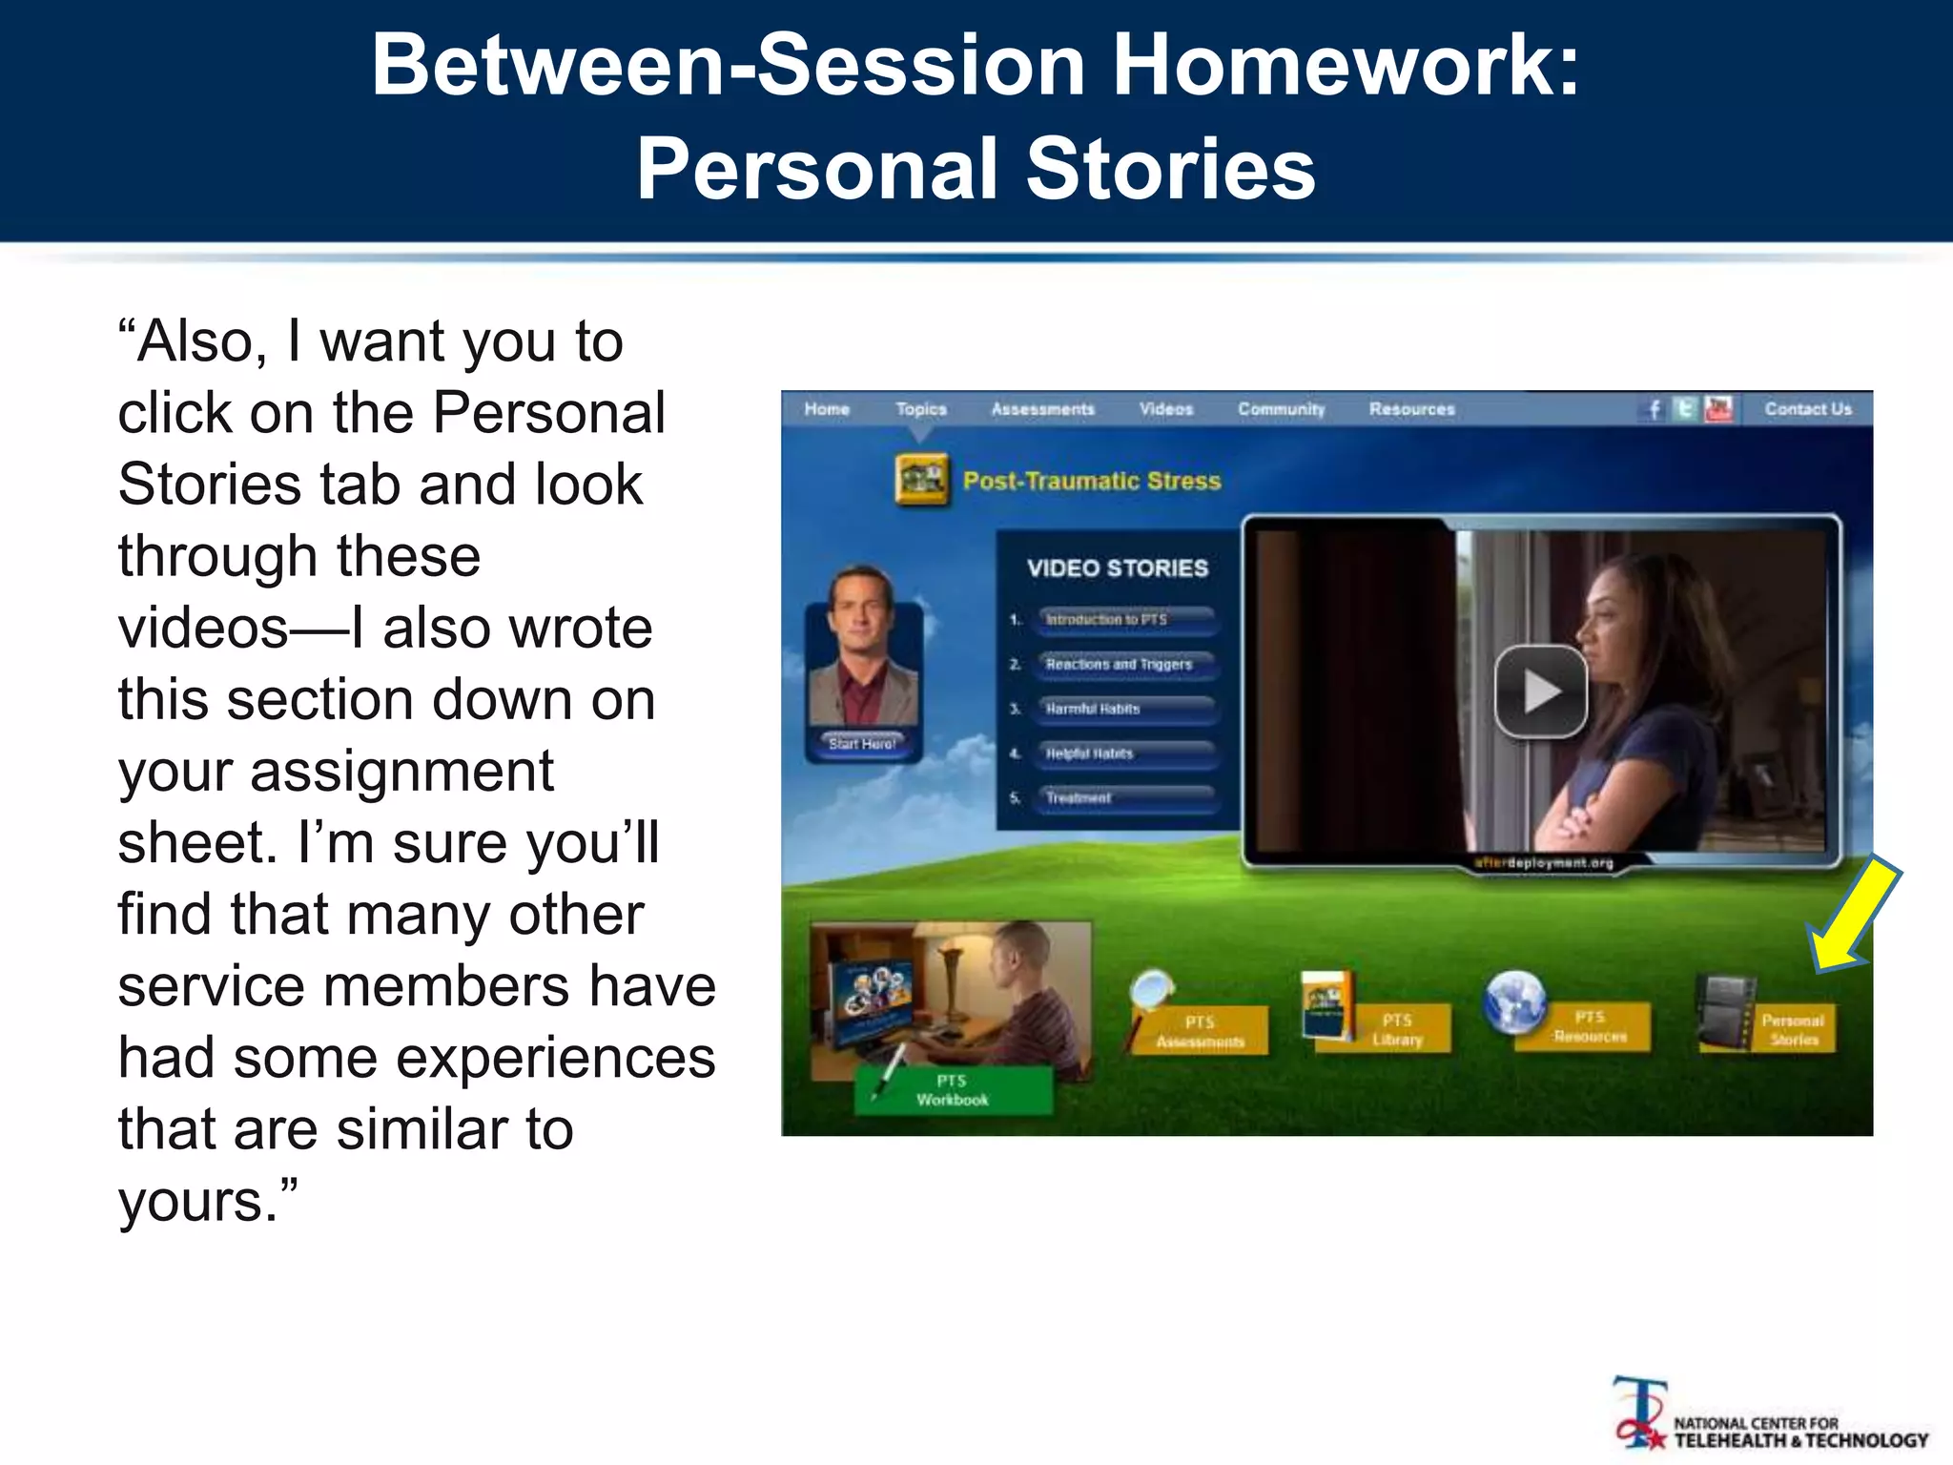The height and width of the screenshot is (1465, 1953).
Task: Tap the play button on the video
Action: [x=1540, y=691]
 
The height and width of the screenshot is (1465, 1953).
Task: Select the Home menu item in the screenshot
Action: [x=826, y=409]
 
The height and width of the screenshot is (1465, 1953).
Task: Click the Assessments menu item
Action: [x=1042, y=409]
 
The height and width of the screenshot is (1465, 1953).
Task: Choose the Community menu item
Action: [x=1281, y=409]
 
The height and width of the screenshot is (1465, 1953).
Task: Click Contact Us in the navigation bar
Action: [x=1807, y=409]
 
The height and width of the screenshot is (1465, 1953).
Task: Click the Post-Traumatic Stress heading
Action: [x=1091, y=481]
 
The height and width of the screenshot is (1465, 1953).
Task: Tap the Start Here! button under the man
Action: [x=862, y=744]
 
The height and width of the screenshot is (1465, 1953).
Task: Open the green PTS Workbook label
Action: [x=953, y=1090]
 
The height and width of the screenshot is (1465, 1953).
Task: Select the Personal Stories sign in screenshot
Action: [x=1793, y=1030]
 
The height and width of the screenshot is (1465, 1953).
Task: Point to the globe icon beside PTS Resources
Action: [x=1514, y=1001]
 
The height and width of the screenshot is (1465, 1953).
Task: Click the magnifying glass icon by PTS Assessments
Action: [x=1152, y=992]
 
